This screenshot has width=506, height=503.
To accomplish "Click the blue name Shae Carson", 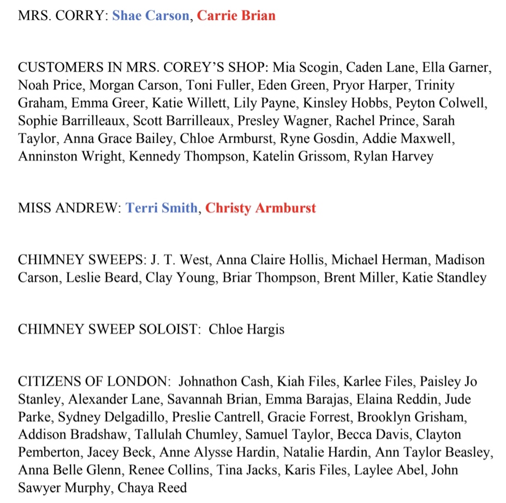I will click(151, 16).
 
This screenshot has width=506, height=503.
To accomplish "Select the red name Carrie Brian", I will click(236, 16).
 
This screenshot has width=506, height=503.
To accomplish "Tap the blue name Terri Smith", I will click(162, 208).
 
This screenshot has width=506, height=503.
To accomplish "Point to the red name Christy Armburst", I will click(260, 208).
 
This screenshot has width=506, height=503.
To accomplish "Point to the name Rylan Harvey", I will click(394, 156).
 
